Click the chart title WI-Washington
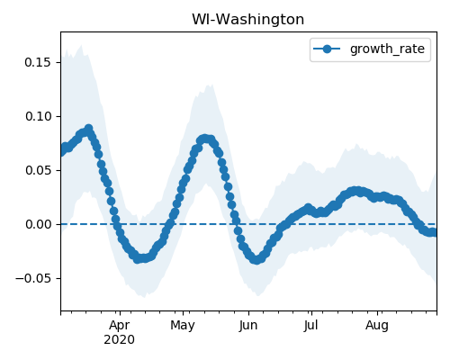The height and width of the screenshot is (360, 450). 247,20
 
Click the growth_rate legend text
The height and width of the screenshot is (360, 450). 387,49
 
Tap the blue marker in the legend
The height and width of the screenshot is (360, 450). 327,49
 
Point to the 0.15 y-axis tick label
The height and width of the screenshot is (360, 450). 39,62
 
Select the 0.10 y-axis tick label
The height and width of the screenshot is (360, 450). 39,116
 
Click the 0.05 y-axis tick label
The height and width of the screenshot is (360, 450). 39,170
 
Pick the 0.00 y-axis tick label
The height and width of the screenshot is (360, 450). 39,224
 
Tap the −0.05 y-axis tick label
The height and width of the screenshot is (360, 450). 34,278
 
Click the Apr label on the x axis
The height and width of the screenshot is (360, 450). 120,326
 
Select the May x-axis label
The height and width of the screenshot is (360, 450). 183,326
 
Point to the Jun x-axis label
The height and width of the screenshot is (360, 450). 248,326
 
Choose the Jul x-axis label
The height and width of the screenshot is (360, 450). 310,326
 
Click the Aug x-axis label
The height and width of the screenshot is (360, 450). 377,326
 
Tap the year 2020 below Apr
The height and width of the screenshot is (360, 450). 120,340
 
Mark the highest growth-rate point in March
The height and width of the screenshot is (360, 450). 88,129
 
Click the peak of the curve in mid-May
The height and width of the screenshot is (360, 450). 204,139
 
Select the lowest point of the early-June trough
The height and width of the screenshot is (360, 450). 256,260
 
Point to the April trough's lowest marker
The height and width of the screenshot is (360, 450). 138,258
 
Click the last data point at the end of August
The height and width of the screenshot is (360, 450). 433,232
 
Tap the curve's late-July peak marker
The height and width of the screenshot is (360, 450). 355,191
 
